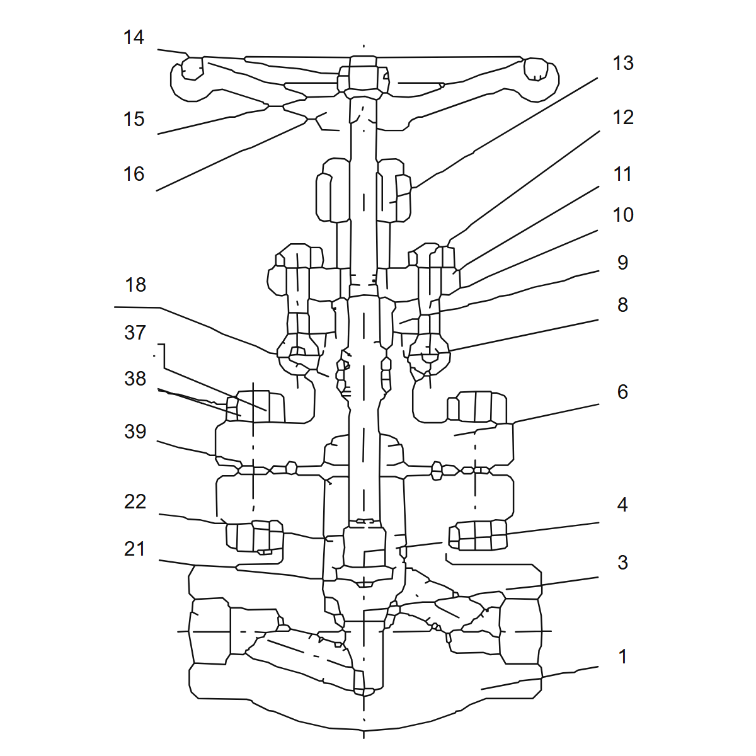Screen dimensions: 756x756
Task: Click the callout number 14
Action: tap(134, 38)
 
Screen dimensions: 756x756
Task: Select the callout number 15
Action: tap(134, 119)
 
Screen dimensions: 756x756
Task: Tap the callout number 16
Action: tap(134, 174)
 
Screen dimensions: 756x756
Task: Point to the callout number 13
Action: tap(623, 63)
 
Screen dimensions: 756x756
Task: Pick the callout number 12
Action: tap(623, 118)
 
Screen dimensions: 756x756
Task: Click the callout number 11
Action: tap(623, 174)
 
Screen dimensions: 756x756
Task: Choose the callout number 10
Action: tap(623, 215)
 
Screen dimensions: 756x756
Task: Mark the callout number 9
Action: tap(622, 263)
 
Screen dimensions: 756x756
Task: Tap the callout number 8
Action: tap(622, 305)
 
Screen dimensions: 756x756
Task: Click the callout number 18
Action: tap(135, 285)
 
